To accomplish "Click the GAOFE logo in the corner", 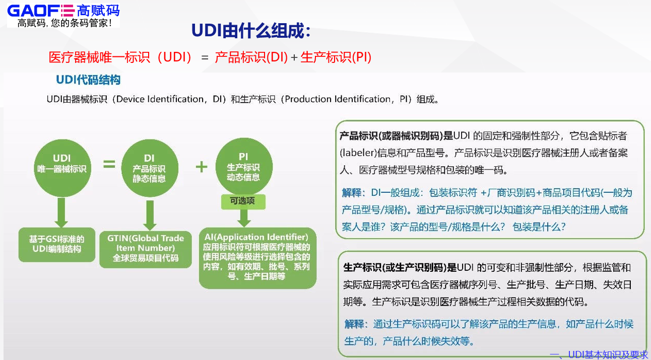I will tap(63, 10).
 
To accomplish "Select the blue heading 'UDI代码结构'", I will tap(88, 80).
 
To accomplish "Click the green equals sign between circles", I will tap(109, 165).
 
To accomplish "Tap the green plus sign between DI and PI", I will tap(201, 167).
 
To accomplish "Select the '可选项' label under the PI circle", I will tap(242, 201).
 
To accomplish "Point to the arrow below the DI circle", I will tap(149, 214).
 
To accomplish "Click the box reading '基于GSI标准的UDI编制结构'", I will tap(56, 244).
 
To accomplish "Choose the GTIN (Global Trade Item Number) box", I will tap(146, 248).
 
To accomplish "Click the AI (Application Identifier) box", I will tap(257, 256).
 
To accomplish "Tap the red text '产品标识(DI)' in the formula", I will tap(251, 57).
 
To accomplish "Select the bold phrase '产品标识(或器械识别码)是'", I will tap(396, 136).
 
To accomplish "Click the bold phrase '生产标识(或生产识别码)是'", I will tap(399, 267).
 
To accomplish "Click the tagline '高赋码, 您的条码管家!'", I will tap(64, 23).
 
